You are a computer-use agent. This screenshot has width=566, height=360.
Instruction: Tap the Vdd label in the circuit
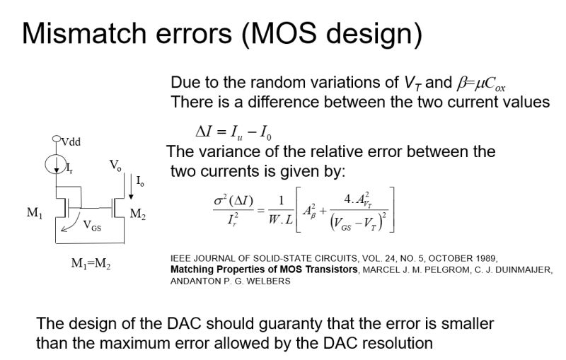70,141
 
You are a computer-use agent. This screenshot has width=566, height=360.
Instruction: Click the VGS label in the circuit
92,227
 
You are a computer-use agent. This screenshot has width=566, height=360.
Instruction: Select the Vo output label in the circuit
115,166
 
